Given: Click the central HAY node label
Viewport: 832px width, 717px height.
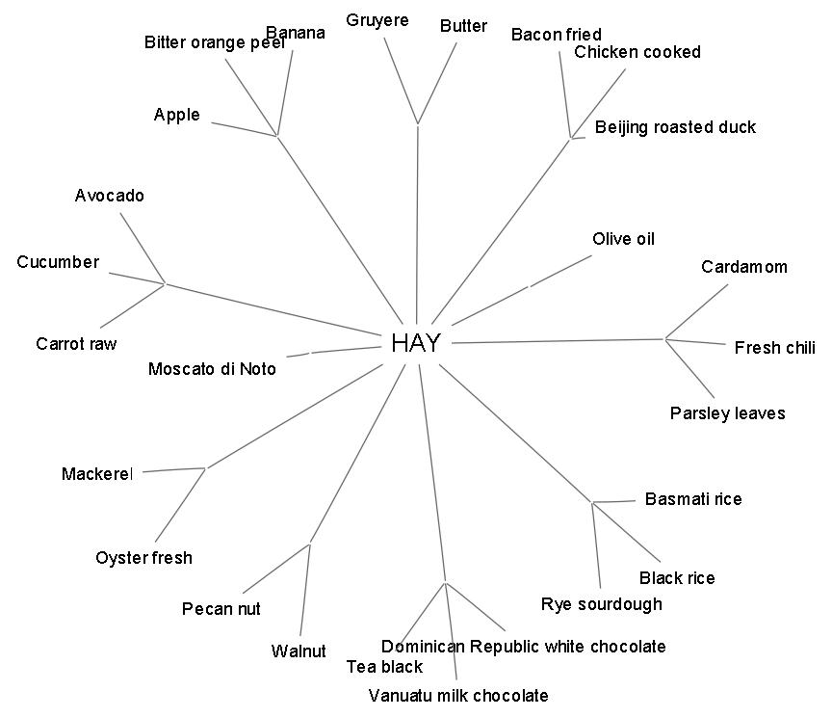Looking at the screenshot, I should coord(416,343).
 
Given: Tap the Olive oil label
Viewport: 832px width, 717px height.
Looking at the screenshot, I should coord(623,239).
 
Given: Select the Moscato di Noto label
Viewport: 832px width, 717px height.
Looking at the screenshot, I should coord(212,369).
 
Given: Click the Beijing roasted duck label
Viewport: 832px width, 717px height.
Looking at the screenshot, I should coord(675,127).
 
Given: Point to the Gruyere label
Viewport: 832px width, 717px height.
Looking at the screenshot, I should coord(377,20).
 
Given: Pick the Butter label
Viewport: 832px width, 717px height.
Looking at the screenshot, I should coord(463,26).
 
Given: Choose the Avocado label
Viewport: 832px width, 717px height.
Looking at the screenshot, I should coord(110,196).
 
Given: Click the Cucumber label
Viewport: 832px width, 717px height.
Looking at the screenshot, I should coord(58,262).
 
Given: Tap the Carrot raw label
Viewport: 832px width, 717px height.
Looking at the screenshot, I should coord(76,344).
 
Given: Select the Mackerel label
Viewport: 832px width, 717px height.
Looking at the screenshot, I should coord(96,473).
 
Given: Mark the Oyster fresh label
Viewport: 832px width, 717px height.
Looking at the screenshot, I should coord(143,558).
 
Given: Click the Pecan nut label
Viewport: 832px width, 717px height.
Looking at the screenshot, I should coord(221,609).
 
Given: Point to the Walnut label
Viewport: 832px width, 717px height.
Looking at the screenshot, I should coord(299,651).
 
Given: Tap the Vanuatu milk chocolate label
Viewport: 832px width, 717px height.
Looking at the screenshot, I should coord(458,696).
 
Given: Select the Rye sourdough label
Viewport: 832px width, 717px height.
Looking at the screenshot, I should coord(602,604).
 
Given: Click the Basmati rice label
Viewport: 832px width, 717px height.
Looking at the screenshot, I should coord(693,499).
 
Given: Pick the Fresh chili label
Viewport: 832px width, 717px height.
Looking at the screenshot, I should coord(774,348).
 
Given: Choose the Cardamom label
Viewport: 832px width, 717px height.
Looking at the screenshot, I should coord(743,267).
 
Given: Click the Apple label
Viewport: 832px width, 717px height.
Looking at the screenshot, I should coord(177,115).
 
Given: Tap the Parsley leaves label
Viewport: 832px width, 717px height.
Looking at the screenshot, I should coord(727,413).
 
